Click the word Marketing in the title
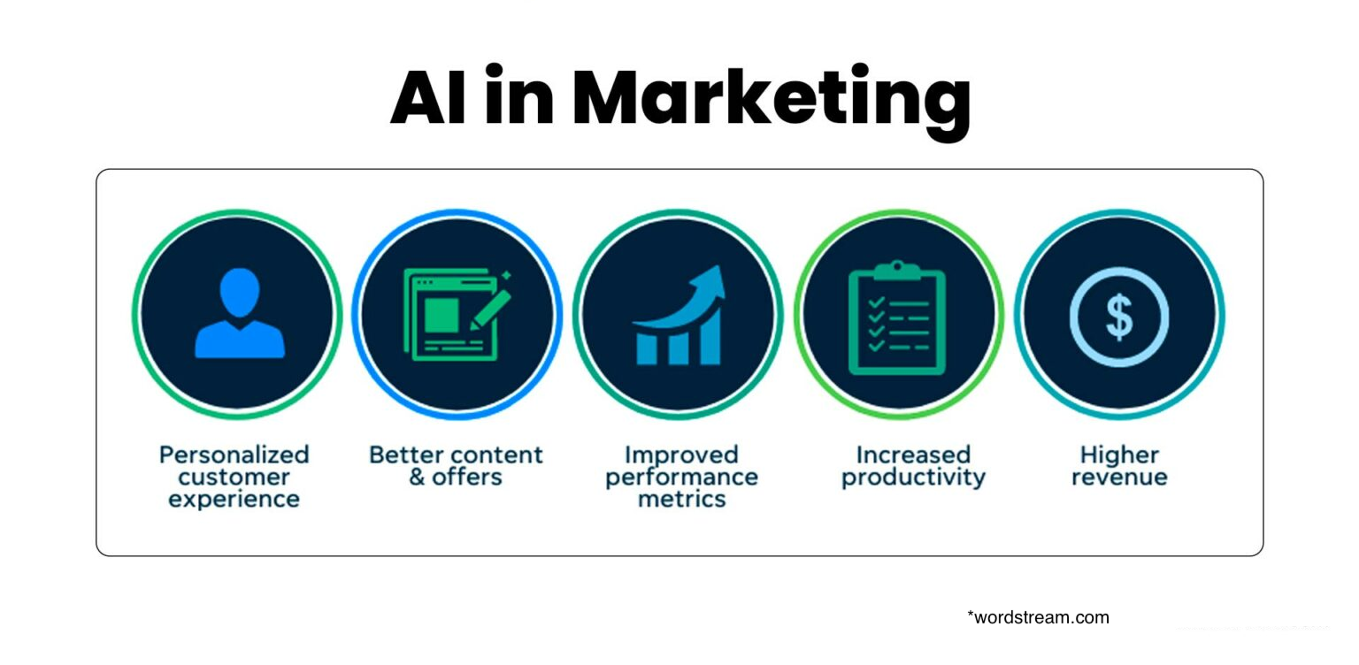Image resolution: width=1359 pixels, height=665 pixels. tap(772, 100)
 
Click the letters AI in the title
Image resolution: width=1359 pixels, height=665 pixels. tap(428, 97)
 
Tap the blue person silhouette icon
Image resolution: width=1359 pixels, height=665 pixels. tap(240, 313)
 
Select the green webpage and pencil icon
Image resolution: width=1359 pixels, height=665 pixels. tap(457, 315)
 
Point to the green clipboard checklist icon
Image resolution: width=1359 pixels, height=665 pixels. tap(897, 317)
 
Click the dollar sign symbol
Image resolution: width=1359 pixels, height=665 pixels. tap(1119, 317)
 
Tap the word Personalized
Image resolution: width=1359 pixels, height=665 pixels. tap(234, 455)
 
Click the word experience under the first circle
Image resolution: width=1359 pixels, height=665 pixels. tap(234, 500)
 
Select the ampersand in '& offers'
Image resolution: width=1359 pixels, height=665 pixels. tap(417, 477)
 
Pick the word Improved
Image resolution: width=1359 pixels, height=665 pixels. tap(681, 455)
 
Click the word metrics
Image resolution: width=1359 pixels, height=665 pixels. tap(682, 499)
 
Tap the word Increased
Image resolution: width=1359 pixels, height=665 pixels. tap(913, 455)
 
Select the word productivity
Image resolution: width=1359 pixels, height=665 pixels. tap(913, 478)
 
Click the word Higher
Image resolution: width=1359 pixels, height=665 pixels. tap(1119, 455)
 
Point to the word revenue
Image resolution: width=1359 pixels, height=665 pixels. tap(1119, 477)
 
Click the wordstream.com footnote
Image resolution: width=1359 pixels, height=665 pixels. tap(1038, 617)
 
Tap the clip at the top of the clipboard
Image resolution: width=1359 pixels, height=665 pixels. tap(897, 270)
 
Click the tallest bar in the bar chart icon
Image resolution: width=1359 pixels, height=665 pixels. tap(710, 335)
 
